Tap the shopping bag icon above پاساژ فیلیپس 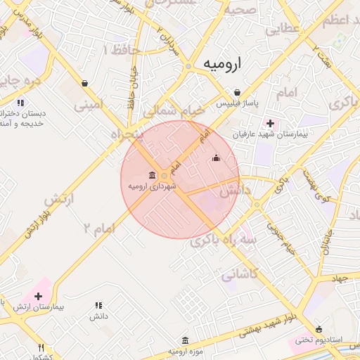(237, 92)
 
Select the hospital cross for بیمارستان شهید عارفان (270, 123)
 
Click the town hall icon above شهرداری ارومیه (153, 175)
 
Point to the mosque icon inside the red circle (216, 157)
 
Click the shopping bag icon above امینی (85, 83)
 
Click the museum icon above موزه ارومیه (185, 340)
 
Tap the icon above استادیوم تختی (319, 329)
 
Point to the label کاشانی (240, 276)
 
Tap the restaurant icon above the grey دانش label (98, 305)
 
